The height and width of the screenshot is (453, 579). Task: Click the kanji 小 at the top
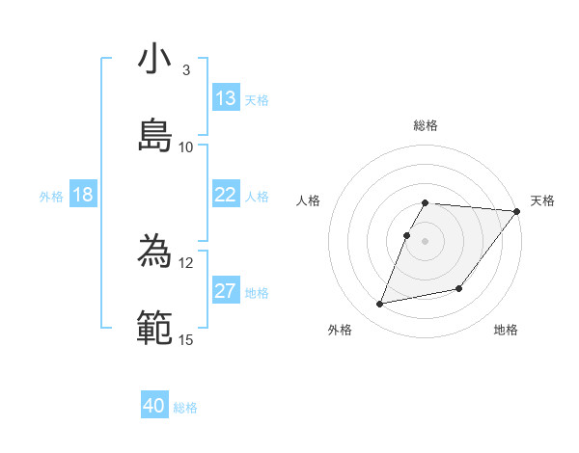pos(155,60)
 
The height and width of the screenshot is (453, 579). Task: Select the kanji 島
pos(155,134)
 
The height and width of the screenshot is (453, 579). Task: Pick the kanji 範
pos(155,327)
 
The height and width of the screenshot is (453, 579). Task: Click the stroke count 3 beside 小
pos(186,70)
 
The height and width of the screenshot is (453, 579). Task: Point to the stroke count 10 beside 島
pos(186,147)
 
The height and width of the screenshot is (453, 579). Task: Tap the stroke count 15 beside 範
pos(186,339)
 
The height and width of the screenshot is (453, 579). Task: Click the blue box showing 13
pos(226,98)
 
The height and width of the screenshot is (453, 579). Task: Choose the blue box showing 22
pos(226,195)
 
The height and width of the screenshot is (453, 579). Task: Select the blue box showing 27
pos(226,291)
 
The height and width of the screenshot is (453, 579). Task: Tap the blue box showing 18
pos(83,195)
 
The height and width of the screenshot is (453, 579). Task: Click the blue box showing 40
pos(154,407)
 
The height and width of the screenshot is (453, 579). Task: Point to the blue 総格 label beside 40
pos(186,408)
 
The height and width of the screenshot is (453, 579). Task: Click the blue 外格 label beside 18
pos(51,197)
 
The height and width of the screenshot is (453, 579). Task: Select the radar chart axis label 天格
pos(542,200)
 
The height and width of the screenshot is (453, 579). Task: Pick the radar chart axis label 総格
pos(426,125)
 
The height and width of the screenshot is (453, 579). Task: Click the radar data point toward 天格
pos(516,211)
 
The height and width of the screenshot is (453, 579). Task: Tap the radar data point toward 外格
pos(380,304)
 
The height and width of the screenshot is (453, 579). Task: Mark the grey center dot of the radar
pos(426,241)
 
